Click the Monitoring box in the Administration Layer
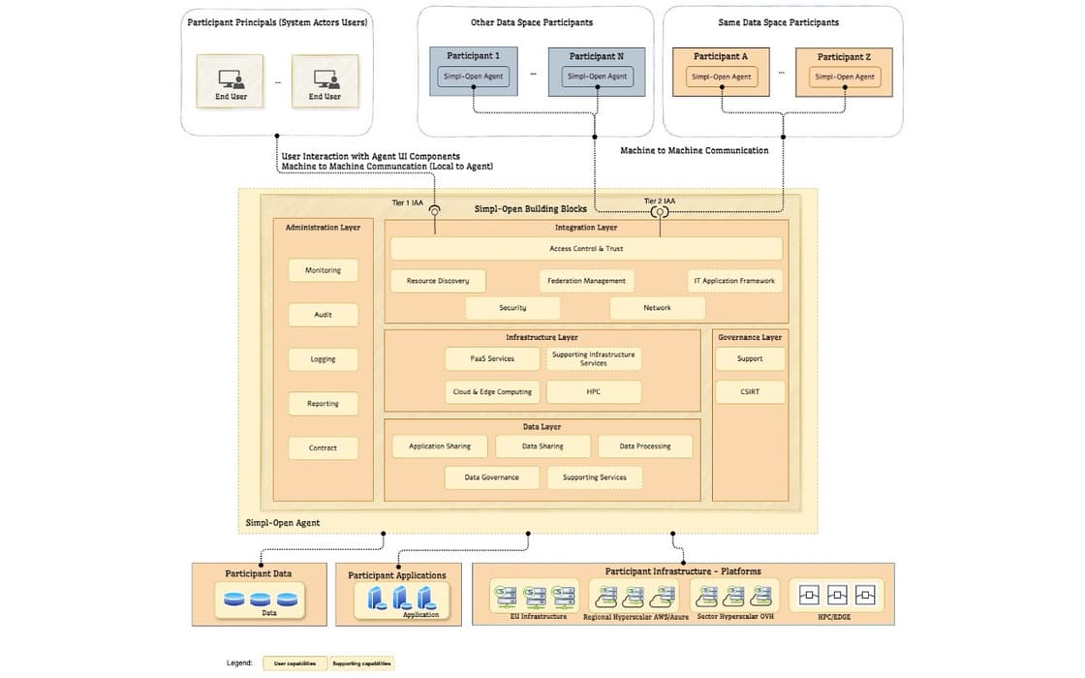click(x=323, y=270)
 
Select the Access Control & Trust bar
click(x=586, y=249)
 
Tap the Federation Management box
click(x=586, y=281)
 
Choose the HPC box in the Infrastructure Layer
click(x=593, y=391)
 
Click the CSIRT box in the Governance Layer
click(x=750, y=392)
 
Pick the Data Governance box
click(x=491, y=477)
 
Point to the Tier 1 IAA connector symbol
click(x=434, y=210)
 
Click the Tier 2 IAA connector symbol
click(x=660, y=211)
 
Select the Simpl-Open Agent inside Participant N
click(x=597, y=77)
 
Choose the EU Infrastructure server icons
click(x=538, y=595)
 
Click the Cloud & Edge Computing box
click(x=492, y=391)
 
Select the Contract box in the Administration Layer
click(x=323, y=447)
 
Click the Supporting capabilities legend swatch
click(x=361, y=663)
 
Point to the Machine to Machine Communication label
click(x=694, y=150)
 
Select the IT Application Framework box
click(x=733, y=281)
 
